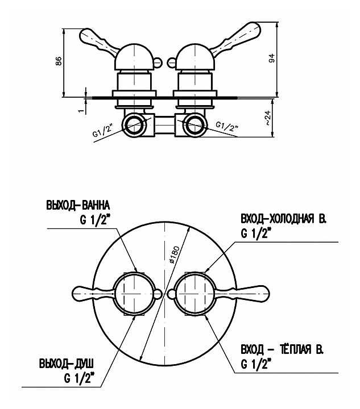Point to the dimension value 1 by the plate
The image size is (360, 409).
[x=82, y=105]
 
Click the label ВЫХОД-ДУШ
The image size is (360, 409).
[x=67, y=362]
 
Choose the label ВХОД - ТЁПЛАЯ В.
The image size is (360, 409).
[x=278, y=350]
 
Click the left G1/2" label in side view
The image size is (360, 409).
[x=104, y=132]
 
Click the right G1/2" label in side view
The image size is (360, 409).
[x=229, y=127]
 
